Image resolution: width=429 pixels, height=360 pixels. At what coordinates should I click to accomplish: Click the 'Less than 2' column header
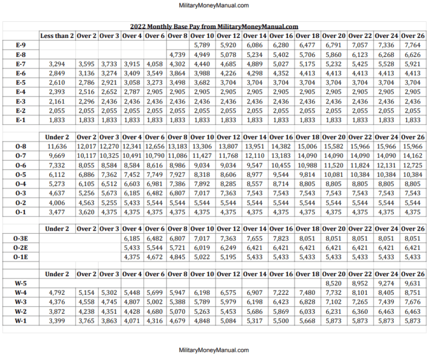point(56,36)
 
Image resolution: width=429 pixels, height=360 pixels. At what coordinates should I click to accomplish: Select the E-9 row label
point(21,45)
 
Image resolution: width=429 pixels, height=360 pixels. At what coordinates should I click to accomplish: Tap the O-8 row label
point(21,146)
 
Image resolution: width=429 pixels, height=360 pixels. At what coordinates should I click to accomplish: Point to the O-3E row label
point(21,238)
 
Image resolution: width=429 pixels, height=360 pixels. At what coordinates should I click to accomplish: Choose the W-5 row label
point(21,284)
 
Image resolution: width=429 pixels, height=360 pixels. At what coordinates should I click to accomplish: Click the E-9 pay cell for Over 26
point(412,45)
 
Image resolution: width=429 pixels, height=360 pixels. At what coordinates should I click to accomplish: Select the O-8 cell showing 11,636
point(56,146)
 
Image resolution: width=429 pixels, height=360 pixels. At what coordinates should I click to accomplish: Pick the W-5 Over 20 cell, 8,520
point(333,284)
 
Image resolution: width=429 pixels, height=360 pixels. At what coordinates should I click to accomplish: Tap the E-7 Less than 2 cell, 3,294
point(56,64)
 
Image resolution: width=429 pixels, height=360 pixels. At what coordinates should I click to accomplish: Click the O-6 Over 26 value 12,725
point(412,165)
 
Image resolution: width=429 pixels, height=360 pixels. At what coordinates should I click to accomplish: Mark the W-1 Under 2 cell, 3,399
point(56,321)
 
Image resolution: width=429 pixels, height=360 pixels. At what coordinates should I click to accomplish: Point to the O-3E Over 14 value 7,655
point(255,238)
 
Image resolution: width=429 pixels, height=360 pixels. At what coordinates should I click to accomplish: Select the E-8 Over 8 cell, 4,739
point(178,55)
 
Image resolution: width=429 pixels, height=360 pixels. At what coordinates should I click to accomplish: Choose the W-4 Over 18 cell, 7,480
point(307,292)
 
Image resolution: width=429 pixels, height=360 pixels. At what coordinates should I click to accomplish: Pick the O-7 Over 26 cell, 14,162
point(412,156)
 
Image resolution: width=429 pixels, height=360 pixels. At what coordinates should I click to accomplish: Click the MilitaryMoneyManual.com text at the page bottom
point(214,350)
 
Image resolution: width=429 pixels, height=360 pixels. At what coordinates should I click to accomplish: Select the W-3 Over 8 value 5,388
point(178,302)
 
